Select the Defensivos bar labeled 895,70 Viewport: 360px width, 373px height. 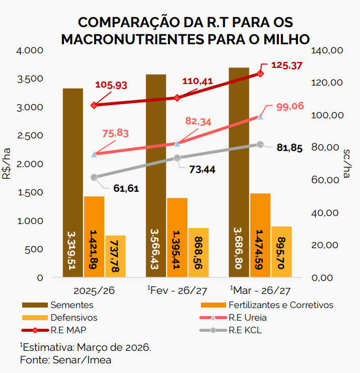tap(281, 252)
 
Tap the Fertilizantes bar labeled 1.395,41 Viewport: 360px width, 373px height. tap(177, 237)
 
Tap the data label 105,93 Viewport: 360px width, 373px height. tap(111, 85)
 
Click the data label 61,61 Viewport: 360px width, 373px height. tap(126, 189)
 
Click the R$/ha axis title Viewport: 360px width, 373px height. tap(7, 164)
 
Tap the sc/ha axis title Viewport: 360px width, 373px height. tap(347, 163)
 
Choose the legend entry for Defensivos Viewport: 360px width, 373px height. tap(74, 318)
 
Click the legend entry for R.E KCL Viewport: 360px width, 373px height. tap(245, 331)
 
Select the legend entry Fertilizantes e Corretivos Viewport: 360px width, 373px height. tap(280, 305)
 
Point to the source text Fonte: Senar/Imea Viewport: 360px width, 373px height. tap(65, 360)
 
